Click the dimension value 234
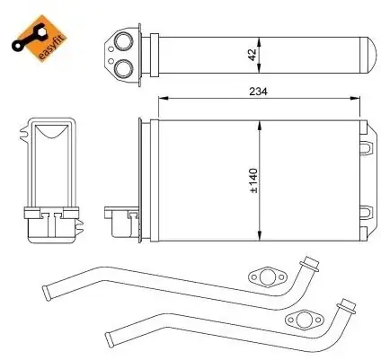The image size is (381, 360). tap(258, 91)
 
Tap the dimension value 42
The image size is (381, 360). tap(253, 55)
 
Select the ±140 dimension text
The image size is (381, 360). tap(253, 180)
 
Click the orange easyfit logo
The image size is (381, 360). tap(40, 38)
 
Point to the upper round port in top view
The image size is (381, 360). tap(124, 41)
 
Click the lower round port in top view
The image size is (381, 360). tap(124, 68)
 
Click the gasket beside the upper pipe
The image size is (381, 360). tap(267, 277)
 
